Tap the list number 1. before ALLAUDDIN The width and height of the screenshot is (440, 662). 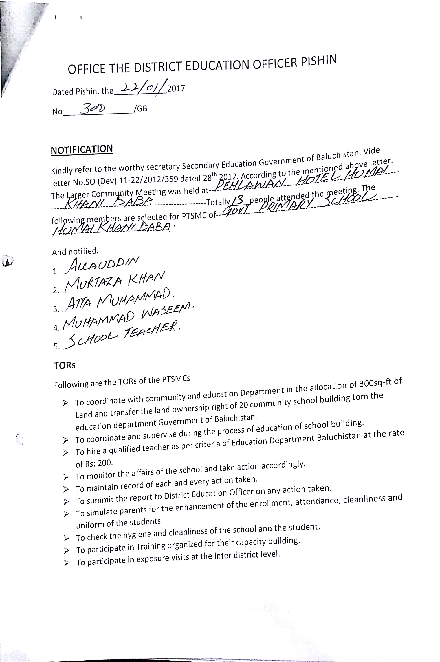click(x=56, y=271)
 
